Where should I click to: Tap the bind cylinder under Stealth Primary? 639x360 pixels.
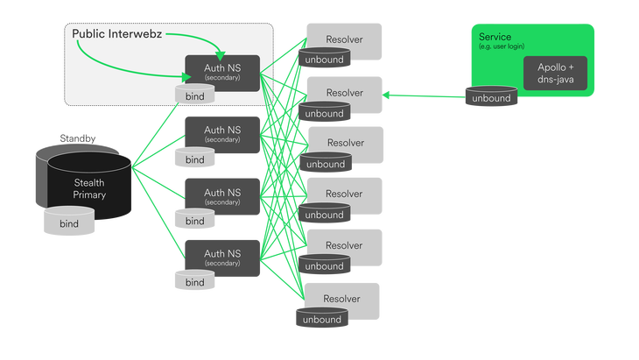68,223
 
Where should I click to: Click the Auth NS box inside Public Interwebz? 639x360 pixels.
222,72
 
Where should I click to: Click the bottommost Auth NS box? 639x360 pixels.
222,259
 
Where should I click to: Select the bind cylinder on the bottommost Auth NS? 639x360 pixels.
195,282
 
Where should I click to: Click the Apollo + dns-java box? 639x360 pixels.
555,72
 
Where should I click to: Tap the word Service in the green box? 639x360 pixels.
496,37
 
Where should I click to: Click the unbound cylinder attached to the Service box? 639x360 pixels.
491,98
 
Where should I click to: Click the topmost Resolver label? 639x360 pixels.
344,40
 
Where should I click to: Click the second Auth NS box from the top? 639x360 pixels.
222,133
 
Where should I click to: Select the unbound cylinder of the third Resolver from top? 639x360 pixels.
325,164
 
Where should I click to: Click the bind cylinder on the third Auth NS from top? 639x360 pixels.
195,221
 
